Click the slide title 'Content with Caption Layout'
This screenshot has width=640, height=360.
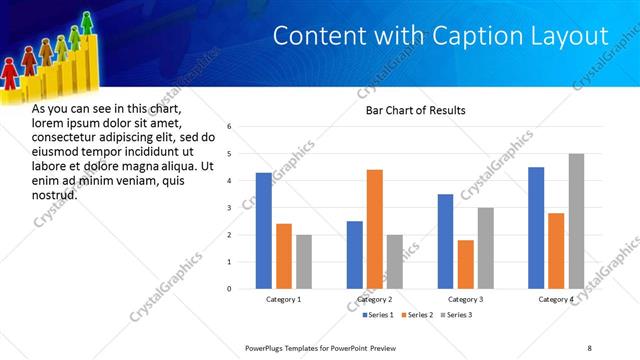click(x=440, y=36)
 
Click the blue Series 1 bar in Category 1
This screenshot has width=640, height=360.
click(x=263, y=230)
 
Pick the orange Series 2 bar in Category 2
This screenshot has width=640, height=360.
click(x=375, y=229)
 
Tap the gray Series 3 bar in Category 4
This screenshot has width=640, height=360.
click(x=576, y=221)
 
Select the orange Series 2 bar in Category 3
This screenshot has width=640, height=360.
click(x=465, y=264)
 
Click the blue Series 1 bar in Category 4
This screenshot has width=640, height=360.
click(x=536, y=227)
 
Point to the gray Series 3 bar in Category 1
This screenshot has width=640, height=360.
click(x=304, y=261)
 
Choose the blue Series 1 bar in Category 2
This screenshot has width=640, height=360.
click(x=354, y=254)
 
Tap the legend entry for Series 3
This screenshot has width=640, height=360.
click(x=457, y=315)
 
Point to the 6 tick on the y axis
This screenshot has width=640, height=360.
click(x=229, y=127)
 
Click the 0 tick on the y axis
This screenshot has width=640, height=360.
click(x=229, y=289)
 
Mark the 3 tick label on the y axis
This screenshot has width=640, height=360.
click(x=229, y=208)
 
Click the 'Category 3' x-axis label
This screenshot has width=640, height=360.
click(x=465, y=299)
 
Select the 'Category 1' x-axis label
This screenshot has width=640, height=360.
click(x=283, y=299)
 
